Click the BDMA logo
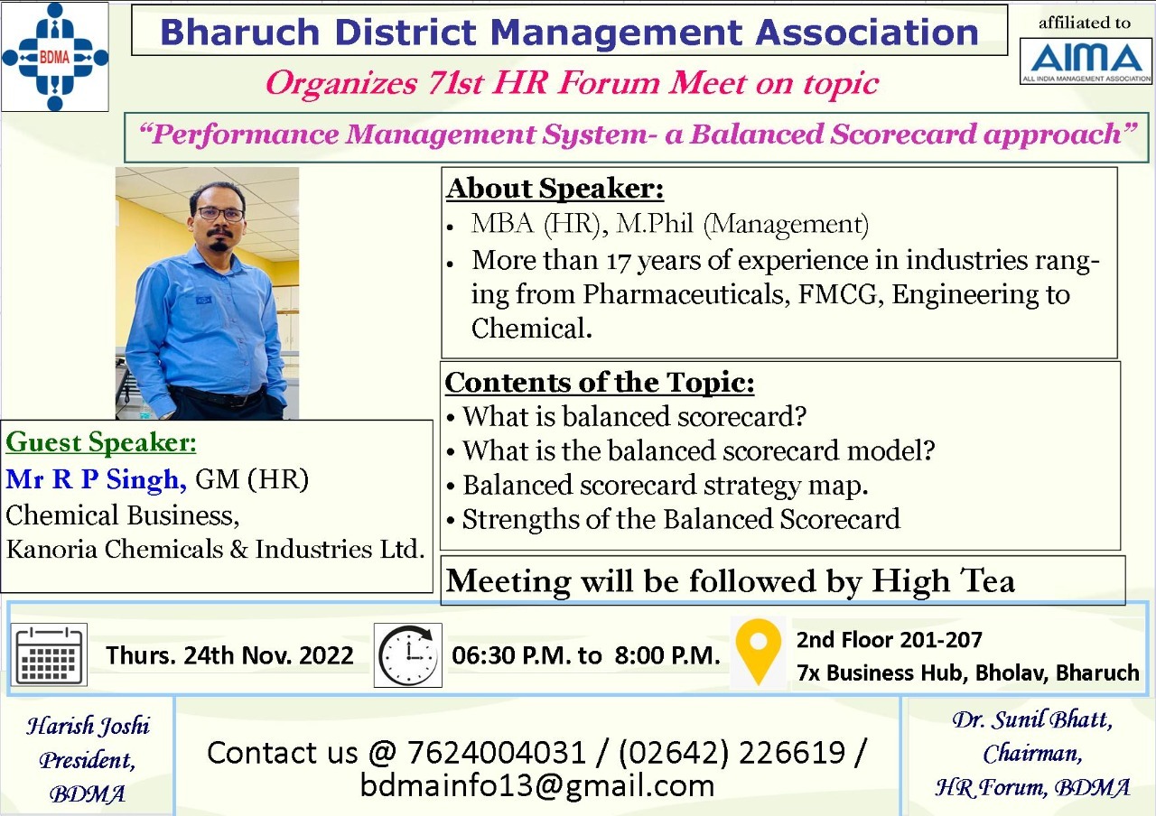55,56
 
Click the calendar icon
50,654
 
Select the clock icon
407,654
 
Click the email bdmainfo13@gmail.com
537,784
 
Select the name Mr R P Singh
96,479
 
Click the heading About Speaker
555,189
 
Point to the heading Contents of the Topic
599,383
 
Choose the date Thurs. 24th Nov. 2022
229,655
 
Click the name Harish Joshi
88,726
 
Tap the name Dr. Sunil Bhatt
1031,720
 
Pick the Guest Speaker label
101,443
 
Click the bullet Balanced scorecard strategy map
665,485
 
